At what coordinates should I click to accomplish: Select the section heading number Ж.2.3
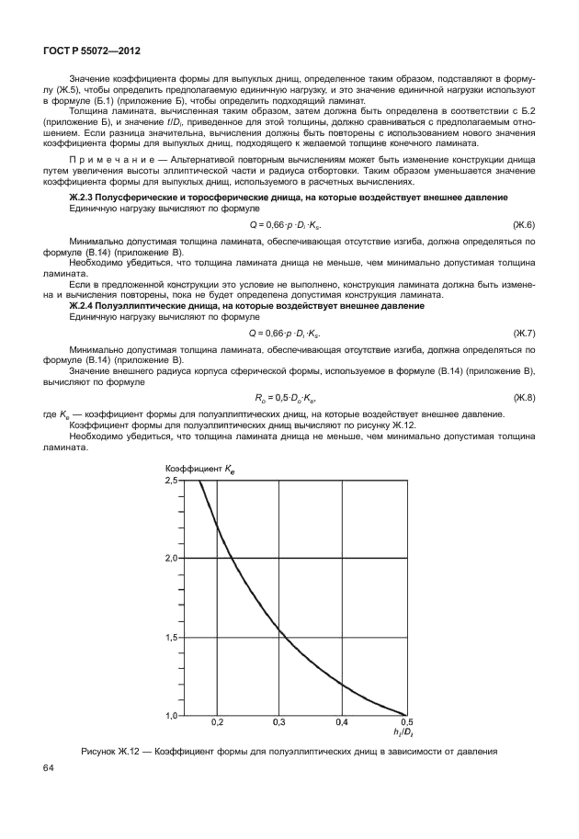click(x=90, y=198)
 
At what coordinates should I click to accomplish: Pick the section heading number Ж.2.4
click(x=90, y=305)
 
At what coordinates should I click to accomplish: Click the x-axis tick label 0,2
click(x=218, y=723)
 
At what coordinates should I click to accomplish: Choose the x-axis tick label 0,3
click(x=280, y=723)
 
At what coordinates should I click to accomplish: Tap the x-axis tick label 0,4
click(x=342, y=723)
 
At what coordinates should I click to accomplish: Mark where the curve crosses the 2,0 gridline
click(x=232, y=558)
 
